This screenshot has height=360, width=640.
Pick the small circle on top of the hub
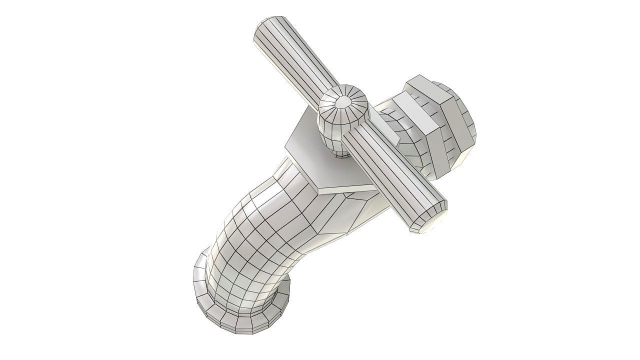click(343, 102)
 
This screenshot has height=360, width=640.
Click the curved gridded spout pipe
click(250, 240)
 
